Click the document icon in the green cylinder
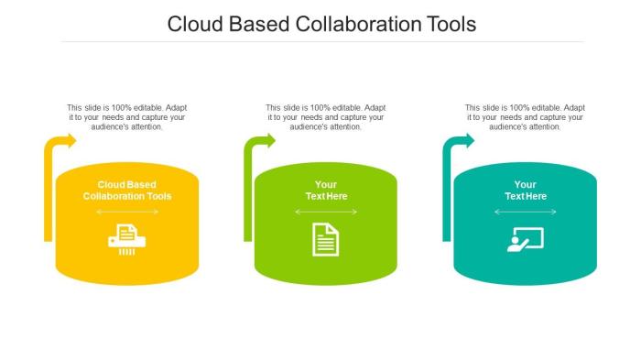(326, 239)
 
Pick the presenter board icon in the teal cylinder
(525, 239)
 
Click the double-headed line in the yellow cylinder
(127, 213)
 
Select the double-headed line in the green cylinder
(326, 213)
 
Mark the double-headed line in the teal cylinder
(525, 213)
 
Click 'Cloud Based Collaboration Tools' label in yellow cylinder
(127, 191)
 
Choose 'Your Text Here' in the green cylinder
(326, 191)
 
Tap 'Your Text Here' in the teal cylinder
(525, 191)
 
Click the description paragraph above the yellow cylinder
(127, 117)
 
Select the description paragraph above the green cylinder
(326, 117)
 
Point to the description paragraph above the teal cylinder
(525, 117)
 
